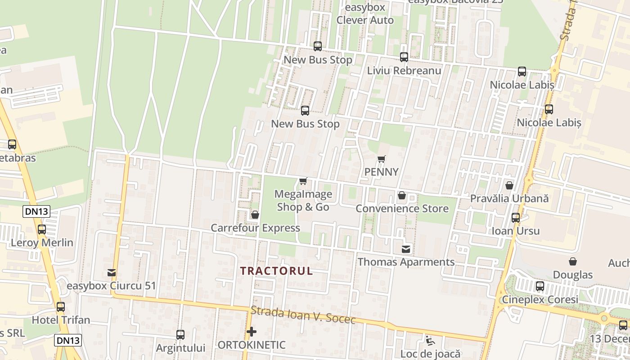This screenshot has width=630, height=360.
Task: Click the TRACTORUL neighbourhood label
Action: [x=276, y=271]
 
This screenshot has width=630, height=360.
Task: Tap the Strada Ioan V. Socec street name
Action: [x=303, y=315]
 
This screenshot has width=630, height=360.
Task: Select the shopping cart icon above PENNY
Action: [x=382, y=159]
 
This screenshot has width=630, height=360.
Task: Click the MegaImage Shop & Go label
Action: [x=303, y=201]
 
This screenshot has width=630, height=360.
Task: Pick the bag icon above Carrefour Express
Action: [x=255, y=215]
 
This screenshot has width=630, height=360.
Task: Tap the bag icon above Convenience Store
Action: [x=402, y=195]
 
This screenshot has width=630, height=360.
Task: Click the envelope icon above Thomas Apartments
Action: [x=406, y=249]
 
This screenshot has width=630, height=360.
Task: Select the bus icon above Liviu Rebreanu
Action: [x=404, y=57]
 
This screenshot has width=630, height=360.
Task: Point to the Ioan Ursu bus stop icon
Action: [x=516, y=218]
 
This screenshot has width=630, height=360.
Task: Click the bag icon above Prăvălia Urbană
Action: [x=509, y=185]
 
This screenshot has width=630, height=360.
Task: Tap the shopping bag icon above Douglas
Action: [x=573, y=261]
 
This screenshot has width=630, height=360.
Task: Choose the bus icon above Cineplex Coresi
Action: [x=540, y=286]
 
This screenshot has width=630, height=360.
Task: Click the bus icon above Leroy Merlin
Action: [x=42, y=229]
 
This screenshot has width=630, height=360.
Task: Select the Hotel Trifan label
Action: [x=61, y=320]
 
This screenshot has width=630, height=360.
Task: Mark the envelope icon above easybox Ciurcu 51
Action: [x=112, y=273]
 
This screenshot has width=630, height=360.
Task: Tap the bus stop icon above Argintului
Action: [x=180, y=335]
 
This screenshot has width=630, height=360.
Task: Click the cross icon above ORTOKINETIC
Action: [x=252, y=332]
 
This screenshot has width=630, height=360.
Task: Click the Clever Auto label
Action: [x=365, y=20]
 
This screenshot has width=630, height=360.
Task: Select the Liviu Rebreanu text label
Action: [x=404, y=71]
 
